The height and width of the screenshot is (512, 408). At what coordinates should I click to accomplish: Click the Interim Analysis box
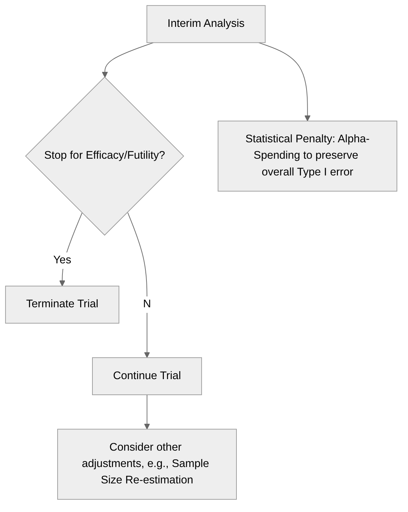click(x=206, y=24)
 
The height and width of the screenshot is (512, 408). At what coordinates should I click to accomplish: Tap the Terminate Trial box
click(x=62, y=304)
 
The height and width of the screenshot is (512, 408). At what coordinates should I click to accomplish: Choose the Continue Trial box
click(x=147, y=376)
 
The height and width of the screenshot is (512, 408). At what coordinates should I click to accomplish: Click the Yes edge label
click(x=62, y=260)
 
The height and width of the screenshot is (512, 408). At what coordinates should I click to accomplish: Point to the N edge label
click(x=147, y=304)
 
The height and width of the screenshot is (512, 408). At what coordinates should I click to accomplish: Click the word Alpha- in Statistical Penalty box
click(x=353, y=139)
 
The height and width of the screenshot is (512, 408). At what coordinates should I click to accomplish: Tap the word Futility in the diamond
click(x=144, y=155)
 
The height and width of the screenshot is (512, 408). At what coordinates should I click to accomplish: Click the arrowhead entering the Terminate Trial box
click(x=62, y=283)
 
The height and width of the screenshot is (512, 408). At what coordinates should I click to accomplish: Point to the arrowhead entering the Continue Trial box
click(x=147, y=355)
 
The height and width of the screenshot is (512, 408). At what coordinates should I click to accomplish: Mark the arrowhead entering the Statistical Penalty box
click(x=307, y=118)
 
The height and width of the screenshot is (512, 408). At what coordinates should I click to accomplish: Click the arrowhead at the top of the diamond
click(x=105, y=74)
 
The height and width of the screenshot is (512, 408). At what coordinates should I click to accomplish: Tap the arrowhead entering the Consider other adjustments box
click(x=147, y=426)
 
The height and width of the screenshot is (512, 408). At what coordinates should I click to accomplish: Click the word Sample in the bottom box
click(x=190, y=464)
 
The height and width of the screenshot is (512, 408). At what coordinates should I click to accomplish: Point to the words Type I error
click(x=325, y=172)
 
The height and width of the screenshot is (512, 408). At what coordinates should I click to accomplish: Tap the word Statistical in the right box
click(x=269, y=139)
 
